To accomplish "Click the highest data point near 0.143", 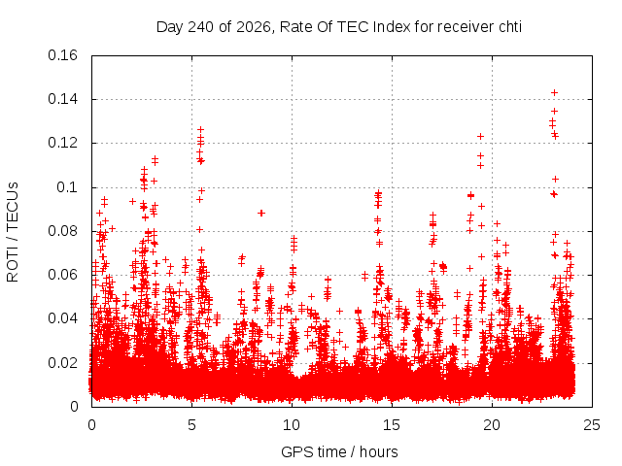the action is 555,93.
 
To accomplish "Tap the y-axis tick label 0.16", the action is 62,55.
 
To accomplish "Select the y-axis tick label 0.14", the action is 62,99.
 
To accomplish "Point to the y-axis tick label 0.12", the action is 62,143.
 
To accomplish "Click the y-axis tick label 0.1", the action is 67,187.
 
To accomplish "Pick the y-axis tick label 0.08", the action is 62,231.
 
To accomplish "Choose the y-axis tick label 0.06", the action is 62,275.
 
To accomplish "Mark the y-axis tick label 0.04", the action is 62,318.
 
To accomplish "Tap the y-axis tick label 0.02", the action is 62,362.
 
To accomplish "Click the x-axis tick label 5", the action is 192,425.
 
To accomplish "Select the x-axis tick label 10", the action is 292,425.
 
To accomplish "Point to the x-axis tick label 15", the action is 392,425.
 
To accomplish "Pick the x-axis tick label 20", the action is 492,425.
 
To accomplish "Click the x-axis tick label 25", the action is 592,425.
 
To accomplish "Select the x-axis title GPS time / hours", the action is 339,452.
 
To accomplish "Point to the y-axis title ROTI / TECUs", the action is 13,232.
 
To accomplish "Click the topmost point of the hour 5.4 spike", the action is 201,129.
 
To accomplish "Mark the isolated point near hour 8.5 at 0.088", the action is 261,214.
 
